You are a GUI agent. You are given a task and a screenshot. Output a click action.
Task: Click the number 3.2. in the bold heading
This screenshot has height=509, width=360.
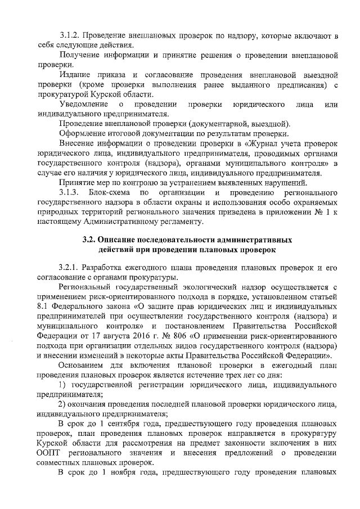point(91,239)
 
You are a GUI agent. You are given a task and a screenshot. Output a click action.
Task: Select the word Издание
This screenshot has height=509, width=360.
point(76,74)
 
